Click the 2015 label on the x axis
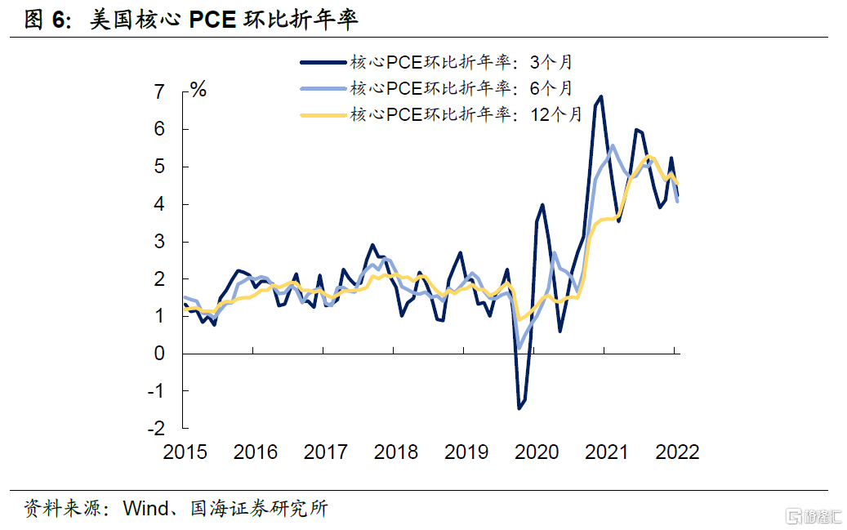pyautogui.click(x=185, y=452)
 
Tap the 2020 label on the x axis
pyautogui.click(x=537, y=452)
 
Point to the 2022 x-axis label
pyautogui.click(x=676, y=452)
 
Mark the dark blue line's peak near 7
pyautogui.click(x=601, y=96)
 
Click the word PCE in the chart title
pyautogui.click(x=214, y=20)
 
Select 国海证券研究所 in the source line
pyautogui.click(x=259, y=509)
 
